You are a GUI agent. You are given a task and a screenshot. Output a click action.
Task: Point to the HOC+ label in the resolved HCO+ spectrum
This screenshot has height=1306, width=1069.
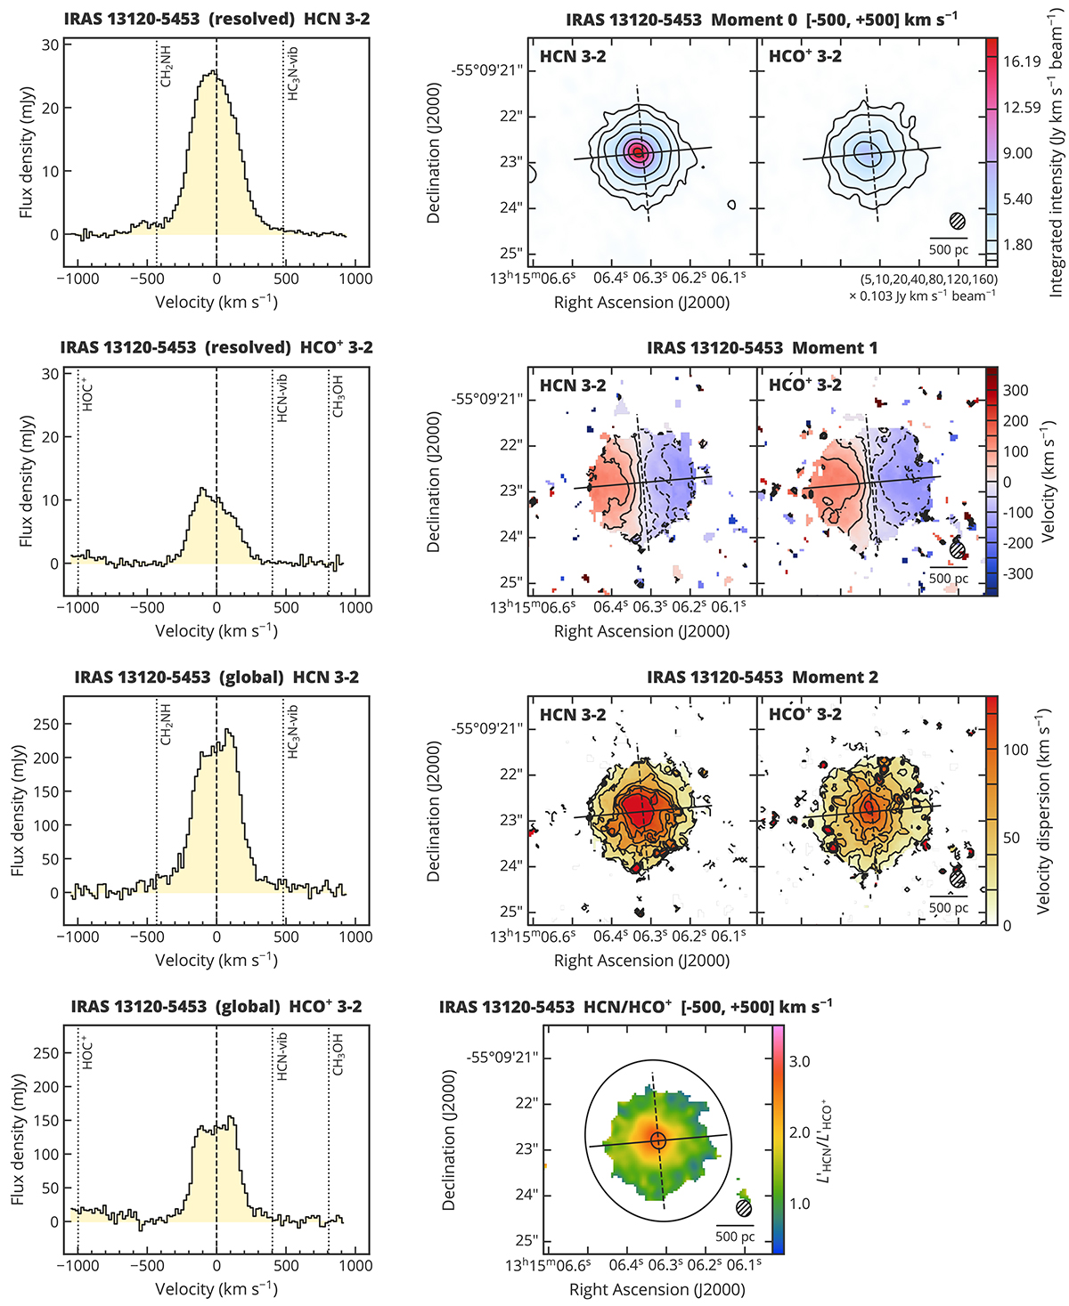pyautogui.click(x=87, y=394)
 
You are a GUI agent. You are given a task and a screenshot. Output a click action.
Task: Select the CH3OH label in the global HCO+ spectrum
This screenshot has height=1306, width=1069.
pyautogui.click(x=339, y=1054)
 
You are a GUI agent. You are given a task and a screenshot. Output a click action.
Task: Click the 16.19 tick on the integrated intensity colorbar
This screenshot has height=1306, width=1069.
pyautogui.click(x=1021, y=61)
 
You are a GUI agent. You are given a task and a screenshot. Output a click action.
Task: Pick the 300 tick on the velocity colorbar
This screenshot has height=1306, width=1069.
pyautogui.click(x=1016, y=391)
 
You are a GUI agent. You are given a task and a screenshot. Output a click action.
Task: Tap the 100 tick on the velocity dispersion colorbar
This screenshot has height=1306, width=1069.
pyautogui.click(x=1016, y=750)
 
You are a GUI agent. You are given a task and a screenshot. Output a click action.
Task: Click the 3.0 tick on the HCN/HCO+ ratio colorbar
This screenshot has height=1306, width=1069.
pyautogui.click(x=799, y=1061)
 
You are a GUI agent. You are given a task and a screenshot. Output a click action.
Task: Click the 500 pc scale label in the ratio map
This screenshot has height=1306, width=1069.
pyautogui.click(x=735, y=1237)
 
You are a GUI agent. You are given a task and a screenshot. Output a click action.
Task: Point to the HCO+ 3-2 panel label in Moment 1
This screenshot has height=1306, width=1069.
pyautogui.click(x=804, y=385)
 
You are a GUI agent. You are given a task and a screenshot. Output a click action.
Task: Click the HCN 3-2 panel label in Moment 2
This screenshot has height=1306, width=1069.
pyautogui.click(x=573, y=715)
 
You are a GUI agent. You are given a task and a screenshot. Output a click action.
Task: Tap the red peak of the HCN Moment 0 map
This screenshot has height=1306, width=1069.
pyautogui.click(x=637, y=152)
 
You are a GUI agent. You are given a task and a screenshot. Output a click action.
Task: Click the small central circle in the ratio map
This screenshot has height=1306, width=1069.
pyautogui.click(x=658, y=1140)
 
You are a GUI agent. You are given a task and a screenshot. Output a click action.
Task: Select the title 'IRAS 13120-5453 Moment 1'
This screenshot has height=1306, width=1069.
pyautogui.click(x=762, y=348)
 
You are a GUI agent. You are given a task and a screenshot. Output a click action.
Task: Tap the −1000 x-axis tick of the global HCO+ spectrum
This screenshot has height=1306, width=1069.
pyautogui.click(x=78, y=1266)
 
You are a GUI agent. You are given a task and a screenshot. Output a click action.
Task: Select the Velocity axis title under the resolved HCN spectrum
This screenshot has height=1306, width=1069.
pyautogui.click(x=216, y=302)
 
